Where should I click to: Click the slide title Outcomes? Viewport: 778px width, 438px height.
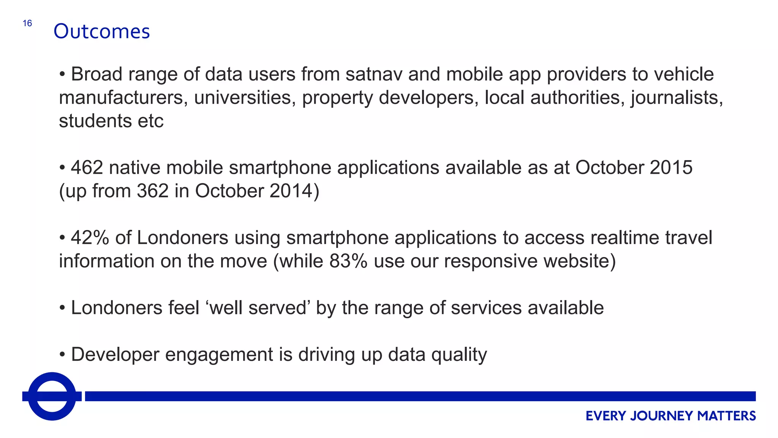click(101, 31)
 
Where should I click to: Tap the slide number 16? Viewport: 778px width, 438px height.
click(27, 24)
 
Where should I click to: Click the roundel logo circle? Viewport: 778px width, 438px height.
click(52, 396)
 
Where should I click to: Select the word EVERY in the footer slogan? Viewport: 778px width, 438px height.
click(606, 416)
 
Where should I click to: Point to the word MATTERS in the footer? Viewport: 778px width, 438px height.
click(726, 416)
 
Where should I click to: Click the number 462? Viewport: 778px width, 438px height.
click(87, 168)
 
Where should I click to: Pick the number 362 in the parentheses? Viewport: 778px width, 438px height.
click(153, 191)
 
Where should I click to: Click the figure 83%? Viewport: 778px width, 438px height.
click(348, 261)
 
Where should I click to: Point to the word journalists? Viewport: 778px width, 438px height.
click(677, 98)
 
